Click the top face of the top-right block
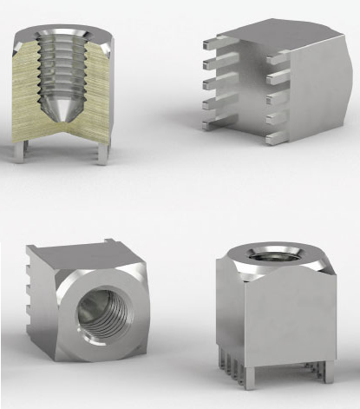click(x=278, y=35)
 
